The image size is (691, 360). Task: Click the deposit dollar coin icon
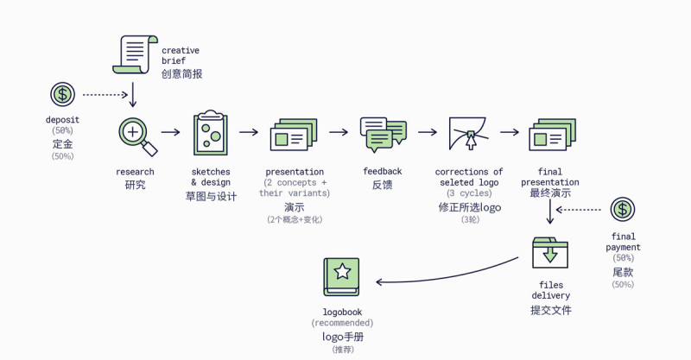pyautogui.click(x=62, y=95)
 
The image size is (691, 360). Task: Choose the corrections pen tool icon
pyautogui.click(x=469, y=134)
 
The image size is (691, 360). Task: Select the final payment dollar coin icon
pyautogui.click(x=623, y=210)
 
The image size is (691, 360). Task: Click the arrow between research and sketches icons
pyautogui.click(x=171, y=132)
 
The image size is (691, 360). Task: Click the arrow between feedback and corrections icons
pyautogui.click(x=428, y=132)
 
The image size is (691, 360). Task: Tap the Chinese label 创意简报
pyautogui.click(x=181, y=74)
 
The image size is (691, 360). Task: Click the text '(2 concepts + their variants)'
pyautogui.click(x=295, y=187)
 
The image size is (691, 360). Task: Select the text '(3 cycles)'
pyautogui.click(x=469, y=193)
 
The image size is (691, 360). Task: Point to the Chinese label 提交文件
pyautogui.click(x=550, y=310)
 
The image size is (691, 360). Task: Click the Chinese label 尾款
pyautogui.click(x=623, y=271)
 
